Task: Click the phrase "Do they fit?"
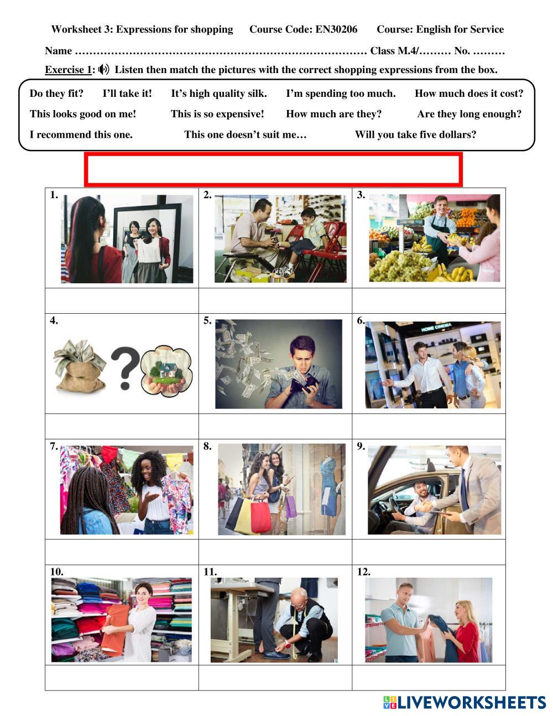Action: click(x=56, y=94)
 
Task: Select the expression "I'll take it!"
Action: click(x=127, y=94)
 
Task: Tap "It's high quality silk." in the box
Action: click(x=218, y=94)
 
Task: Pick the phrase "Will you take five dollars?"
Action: click(x=415, y=134)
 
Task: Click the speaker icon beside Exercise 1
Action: click(x=104, y=70)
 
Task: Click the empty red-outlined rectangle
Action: click(x=273, y=170)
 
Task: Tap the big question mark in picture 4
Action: click(x=124, y=367)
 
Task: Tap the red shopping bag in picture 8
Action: click(x=260, y=516)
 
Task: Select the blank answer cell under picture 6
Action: click(x=429, y=427)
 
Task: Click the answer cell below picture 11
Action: click(x=275, y=678)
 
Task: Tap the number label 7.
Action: click(x=54, y=447)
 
